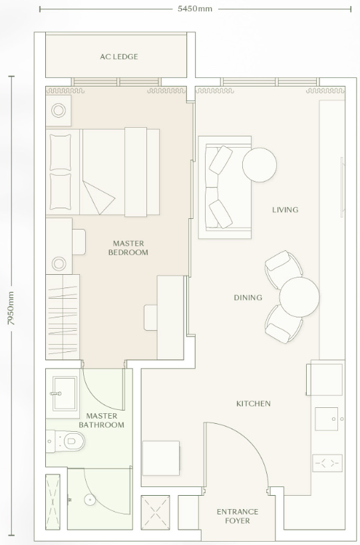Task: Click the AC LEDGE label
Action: [119, 57]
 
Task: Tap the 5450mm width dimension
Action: [194, 9]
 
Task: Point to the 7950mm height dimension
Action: [11, 308]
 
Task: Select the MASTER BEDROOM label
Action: [128, 248]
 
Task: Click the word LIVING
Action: [285, 210]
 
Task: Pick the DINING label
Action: [248, 297]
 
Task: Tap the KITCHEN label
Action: [254, 403]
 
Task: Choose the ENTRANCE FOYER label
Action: [238, 516]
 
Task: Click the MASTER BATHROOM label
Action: [101, 420]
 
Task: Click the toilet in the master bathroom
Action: [66, 441]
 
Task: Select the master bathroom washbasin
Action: [65, 393]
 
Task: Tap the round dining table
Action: [299, 297]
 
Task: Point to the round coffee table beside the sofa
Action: [260, 165]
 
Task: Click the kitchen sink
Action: [326, 419]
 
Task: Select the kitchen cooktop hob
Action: [327, 463]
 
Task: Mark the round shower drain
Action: [90, 500]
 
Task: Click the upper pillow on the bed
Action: [60, 152]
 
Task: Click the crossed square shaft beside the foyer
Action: [155, 512]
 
